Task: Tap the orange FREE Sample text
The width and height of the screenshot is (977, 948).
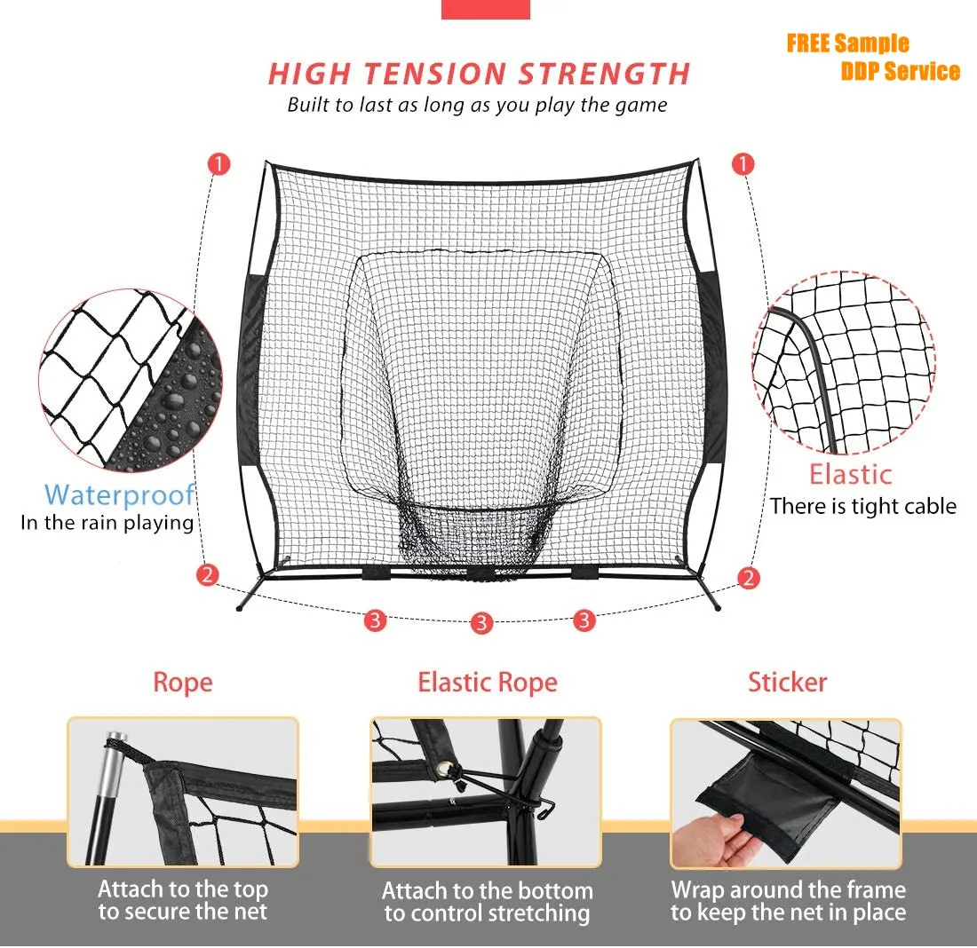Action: [847, 43]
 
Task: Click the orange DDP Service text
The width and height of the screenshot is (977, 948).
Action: [900, 71]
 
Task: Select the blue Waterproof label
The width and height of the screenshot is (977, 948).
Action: [119, 494]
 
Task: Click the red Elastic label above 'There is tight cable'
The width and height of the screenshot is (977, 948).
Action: [850, 474]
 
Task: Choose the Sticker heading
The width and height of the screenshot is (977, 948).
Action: [787, 682]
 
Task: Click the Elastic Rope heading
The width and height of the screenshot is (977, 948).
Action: [488, 682]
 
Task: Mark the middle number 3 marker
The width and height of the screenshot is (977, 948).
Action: [481, 622]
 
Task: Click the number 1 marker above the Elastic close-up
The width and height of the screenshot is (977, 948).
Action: [743, 164]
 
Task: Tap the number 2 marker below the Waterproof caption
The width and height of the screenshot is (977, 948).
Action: [208, 574]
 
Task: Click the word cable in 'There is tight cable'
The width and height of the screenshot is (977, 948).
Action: [926, 506]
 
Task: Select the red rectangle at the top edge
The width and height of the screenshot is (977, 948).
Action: [485, 9]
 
